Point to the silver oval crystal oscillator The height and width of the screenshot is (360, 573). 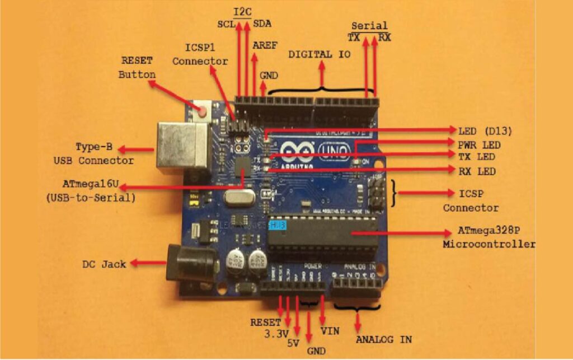[x=235, y=197]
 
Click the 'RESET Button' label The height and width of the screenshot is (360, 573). [x=137, y=67]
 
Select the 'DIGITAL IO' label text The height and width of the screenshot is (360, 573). [x=320, y=54]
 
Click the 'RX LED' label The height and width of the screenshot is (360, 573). [x=477, y=171]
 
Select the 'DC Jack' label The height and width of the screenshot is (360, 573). [x=104, y=263]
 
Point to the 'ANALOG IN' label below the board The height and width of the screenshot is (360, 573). [x=383, y=339]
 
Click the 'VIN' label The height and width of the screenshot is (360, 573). [x=330, y=330]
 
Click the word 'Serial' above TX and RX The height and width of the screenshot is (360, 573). [x=369, y=26]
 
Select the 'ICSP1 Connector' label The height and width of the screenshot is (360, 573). [x=200, y=54]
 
